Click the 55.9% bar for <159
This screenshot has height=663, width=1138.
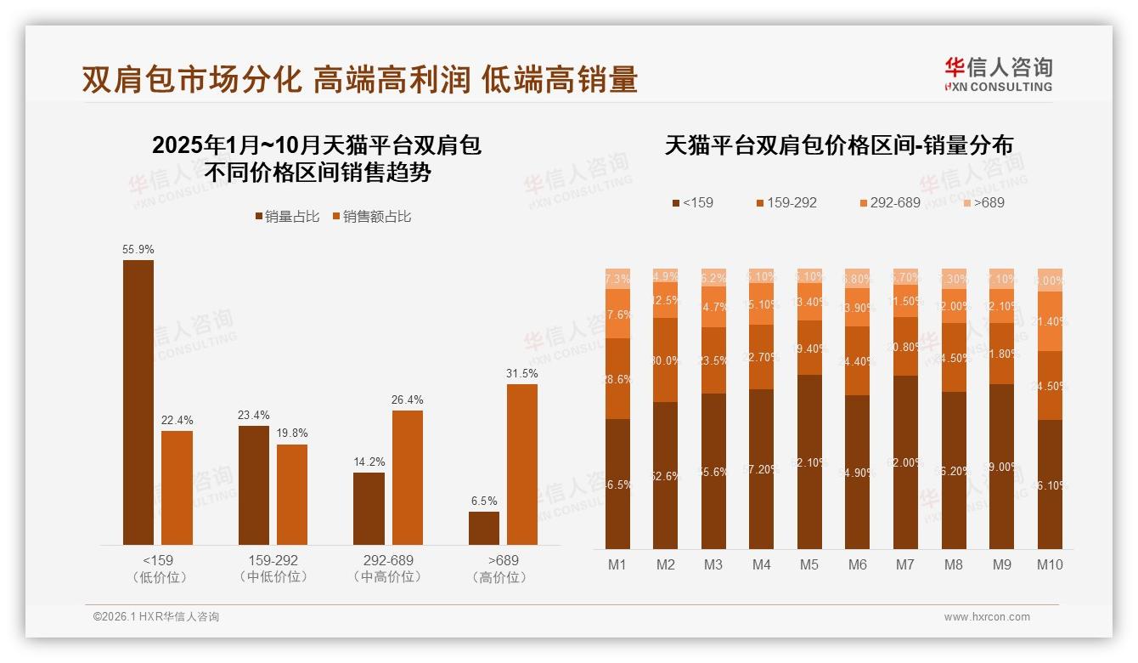[x=138, y=402]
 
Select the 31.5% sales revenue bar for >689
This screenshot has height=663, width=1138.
[x=522, y=464]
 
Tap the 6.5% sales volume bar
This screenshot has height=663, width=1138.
[x=484, y=528]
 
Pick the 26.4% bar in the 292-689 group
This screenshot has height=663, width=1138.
[x=408, y=478]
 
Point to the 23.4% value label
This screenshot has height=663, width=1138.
[x=254, y=415]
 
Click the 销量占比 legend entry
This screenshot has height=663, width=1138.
[x=287, y=217]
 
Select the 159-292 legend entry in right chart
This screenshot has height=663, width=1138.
[x=786, y=202]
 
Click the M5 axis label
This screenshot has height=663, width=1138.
[x=809, y=564]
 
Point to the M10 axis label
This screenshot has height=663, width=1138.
[x=1050, y=564]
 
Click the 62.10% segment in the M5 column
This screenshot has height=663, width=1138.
[x=809, y=462]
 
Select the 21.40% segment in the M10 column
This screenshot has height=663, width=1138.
[x=1050, y=321]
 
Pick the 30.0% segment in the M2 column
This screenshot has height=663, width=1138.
[x=666, y=360]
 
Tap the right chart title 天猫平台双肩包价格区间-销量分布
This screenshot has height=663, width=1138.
[x=838, y=145]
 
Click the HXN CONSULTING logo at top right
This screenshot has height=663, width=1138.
[x=998, y=75]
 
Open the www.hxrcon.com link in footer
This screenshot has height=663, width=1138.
[x=987, y=617]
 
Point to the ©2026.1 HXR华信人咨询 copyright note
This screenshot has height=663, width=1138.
[x=156, y=617]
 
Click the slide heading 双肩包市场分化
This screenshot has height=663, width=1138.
[x=191, y=80]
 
